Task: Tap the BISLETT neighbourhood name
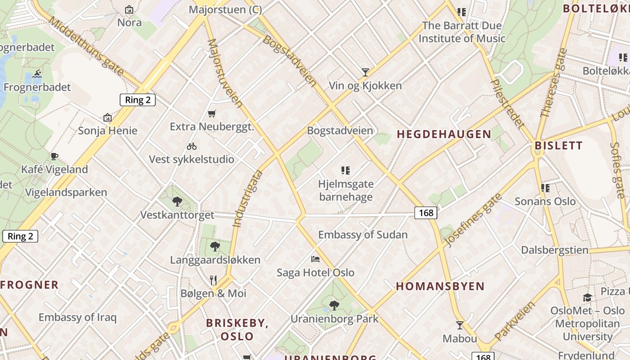point(558,146)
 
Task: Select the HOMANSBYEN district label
point(440,287)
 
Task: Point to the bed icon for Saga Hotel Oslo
point(315,259)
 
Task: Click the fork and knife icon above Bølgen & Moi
point(213,280)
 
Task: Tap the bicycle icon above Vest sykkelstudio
point(192,146)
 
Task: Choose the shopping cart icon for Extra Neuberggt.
point(212,113)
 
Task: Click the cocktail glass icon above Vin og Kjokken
point(365,72)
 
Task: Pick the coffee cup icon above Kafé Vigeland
point(54,156)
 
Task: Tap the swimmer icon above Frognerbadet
point(37,74)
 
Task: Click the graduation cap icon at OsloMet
point(587,297)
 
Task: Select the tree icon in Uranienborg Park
point(334,306)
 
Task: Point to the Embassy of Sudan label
point(363,235)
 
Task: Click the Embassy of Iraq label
point(77,317)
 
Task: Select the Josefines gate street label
point(473,220)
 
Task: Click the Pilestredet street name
point(507,103)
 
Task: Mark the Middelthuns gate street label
point(85,46)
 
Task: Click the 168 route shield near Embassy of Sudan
point(426,213)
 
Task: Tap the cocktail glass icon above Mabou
point(460,325)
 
